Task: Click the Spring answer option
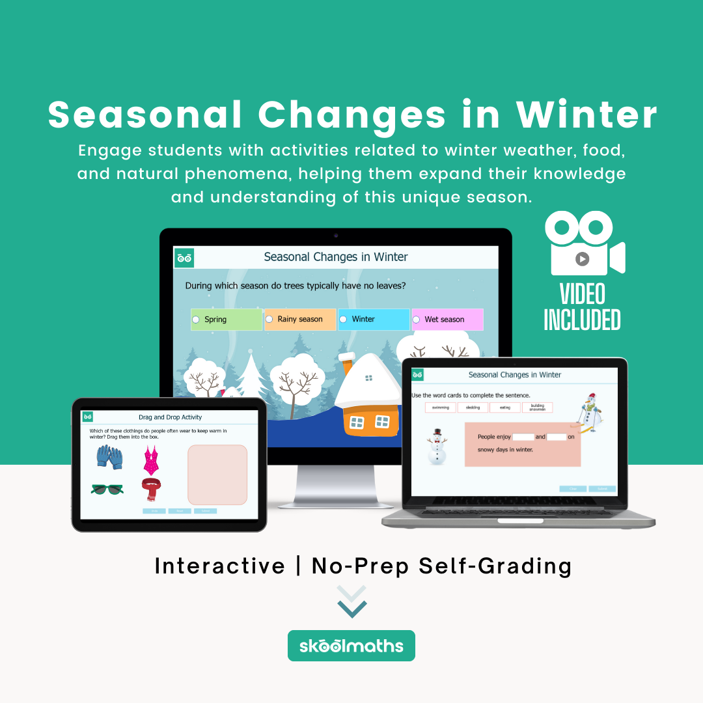click(226, 320)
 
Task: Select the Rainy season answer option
click(300, 320)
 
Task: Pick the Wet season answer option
click(447, 320)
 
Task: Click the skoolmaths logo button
click(351, 646)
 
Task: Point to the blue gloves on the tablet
click(109, 456)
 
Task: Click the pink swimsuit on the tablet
click(151, 460)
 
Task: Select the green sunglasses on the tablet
click(107, 489)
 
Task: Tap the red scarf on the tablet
click(151, 489)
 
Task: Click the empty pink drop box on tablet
click(217, 475)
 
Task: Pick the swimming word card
click(441, 407)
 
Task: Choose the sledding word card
click(473, 407)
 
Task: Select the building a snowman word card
click(537, 407)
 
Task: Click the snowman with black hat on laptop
click(437, 446)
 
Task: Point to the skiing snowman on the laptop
click(589, 412)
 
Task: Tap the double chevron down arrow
click(351, 601)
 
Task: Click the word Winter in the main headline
click(586, 115)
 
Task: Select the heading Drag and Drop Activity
click(170, 417)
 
